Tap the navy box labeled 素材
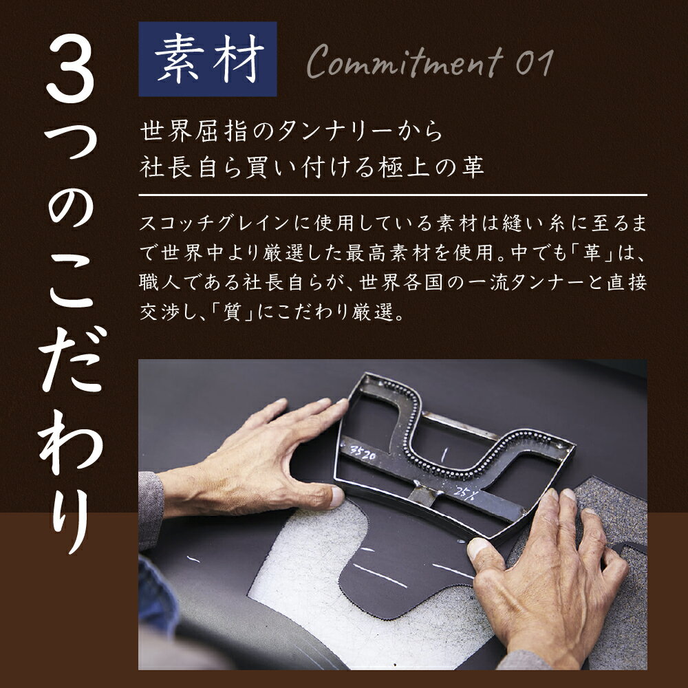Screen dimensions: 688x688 [208, 60]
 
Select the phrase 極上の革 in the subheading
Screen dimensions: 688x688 [440, 167]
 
